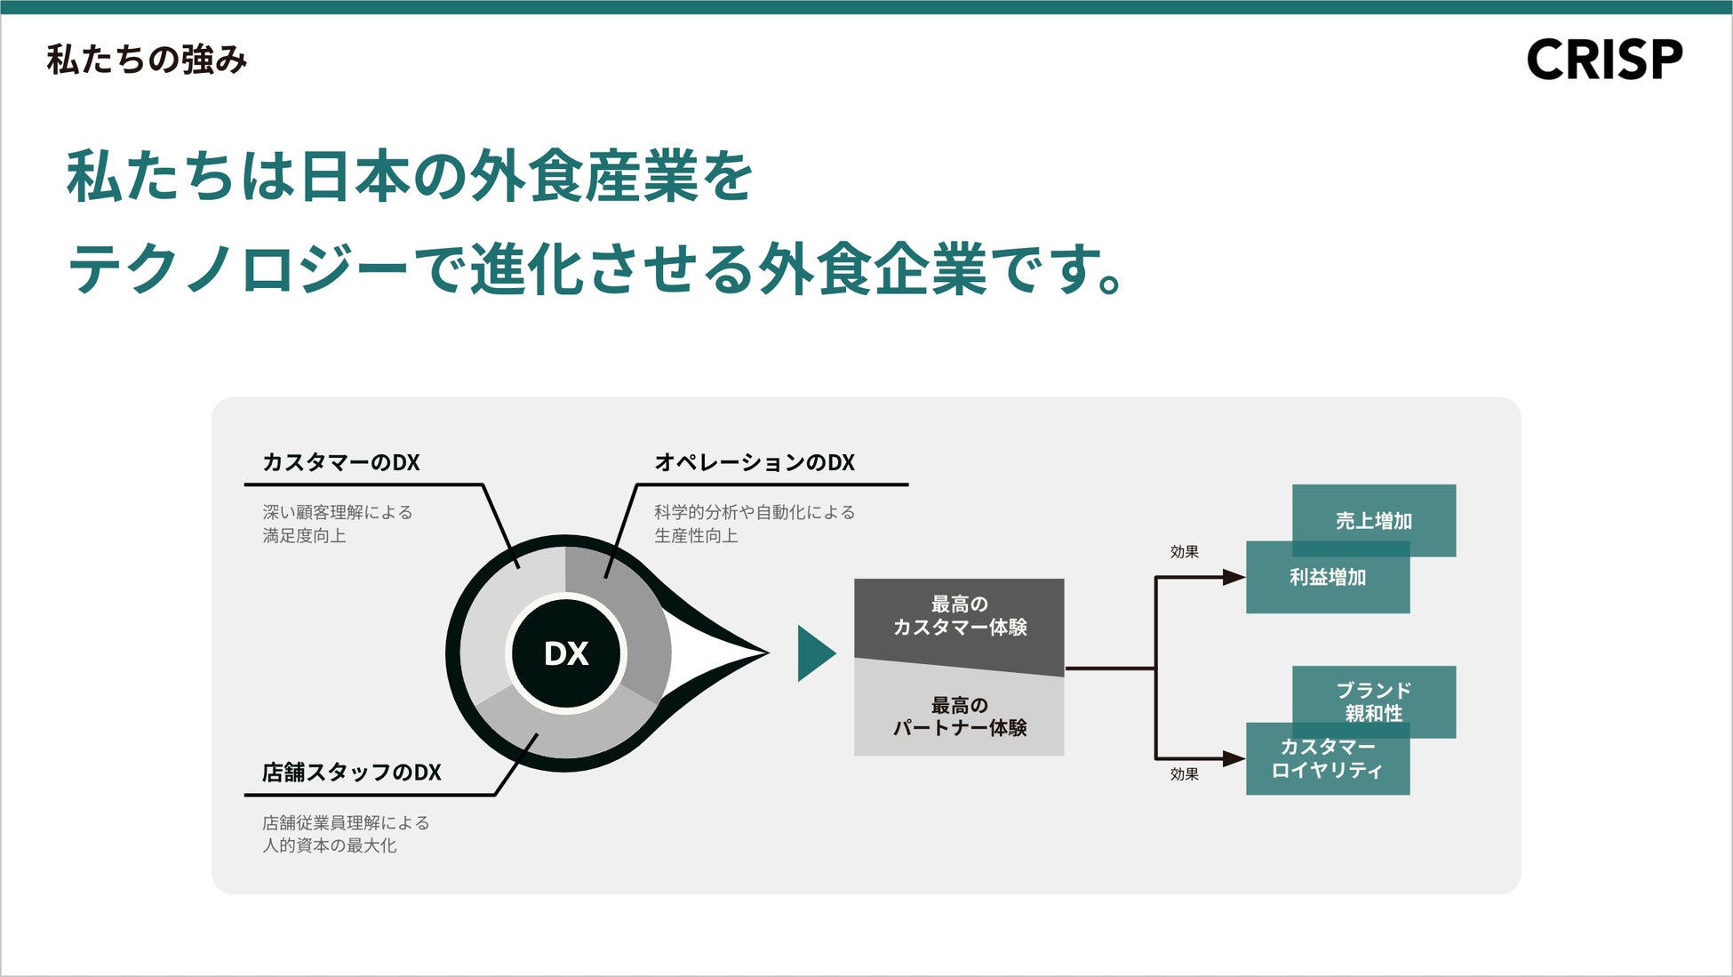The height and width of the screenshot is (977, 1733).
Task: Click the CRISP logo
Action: coord(1604,60)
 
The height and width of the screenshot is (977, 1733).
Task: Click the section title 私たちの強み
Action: coord(147,60)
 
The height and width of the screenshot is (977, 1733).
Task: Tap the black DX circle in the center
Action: coord(566,653)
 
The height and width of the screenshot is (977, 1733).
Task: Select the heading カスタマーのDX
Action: coord(341,462)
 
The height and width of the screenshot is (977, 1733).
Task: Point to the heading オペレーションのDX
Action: coord(755,462)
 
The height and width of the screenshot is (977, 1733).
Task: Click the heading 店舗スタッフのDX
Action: coord(351,773)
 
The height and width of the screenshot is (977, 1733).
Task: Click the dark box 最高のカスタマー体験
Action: coord(959,616)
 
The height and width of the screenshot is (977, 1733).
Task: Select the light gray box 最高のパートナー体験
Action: coord(959,717)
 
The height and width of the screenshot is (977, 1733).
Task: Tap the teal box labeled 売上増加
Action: coord(1374,519)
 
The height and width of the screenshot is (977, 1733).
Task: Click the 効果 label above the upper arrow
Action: coord(1184,552)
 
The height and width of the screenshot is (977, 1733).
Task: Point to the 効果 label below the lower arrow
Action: coord(1184,774)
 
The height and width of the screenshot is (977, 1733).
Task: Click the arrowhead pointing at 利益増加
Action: coord(1234,578)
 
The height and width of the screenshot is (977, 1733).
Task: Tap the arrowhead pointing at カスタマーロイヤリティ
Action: coord(1234,758)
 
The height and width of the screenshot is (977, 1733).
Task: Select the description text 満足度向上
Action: coord(304,536)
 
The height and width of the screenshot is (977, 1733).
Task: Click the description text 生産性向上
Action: coord(696,536)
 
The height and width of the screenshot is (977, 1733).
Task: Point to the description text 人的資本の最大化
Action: coord(329,845)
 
